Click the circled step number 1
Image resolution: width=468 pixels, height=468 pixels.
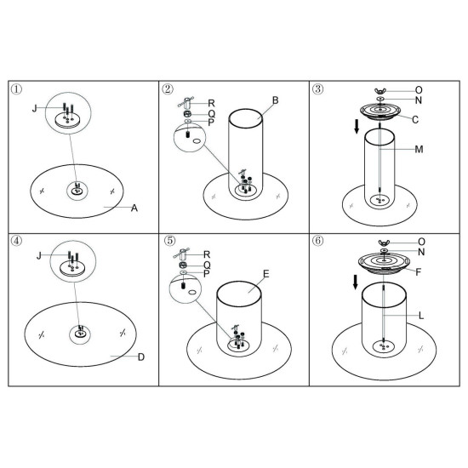[16, 89]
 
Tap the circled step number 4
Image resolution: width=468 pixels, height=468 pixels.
[16, 241]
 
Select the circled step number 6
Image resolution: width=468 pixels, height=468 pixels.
[317, 241]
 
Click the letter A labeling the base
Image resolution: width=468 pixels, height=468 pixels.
[134, 208]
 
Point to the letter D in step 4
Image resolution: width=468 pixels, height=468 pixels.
[141, 357]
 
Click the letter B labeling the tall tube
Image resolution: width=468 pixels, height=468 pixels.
[275, 100]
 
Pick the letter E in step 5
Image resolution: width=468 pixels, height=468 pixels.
[266, 274]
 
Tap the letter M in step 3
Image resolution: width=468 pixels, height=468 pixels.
[419, 149]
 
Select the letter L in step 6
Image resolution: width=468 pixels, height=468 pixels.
[421, 316]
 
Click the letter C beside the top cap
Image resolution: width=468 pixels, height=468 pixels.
[415, 120]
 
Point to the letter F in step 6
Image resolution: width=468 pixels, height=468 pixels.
[418, 272]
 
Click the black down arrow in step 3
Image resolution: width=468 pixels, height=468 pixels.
[357, 127]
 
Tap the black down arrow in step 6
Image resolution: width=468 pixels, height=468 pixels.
[355, 283]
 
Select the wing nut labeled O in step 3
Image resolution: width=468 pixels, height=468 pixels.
[380, 91]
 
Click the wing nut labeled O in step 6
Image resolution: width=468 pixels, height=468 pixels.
[384, 243]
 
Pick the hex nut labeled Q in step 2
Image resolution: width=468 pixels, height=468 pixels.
[187, 114]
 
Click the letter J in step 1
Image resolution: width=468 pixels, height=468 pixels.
[35, 108]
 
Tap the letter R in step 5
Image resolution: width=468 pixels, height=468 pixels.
[207, 254]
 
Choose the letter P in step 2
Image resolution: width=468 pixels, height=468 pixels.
[211, 123]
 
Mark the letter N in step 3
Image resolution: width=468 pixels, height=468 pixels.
[419, 100]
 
